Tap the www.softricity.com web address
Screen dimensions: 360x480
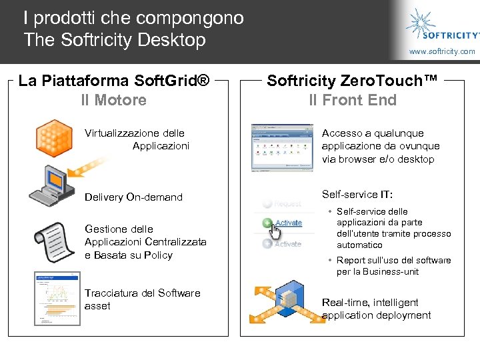click(442, 51)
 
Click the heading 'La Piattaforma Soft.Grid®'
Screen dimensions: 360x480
click(114, 81)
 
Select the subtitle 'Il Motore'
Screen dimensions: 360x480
click(113, 101)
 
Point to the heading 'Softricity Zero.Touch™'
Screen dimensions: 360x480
click(353, 81)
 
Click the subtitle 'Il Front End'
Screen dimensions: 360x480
click(353, 101)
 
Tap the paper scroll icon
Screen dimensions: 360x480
click(54, 243)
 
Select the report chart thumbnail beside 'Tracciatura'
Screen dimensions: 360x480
click(55, 299)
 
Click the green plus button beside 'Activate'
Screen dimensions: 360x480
click(267, 223)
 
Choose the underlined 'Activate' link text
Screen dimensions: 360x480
click(288, 223)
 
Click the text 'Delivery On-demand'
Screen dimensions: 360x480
click(133, 197)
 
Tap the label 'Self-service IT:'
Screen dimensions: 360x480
click(357, 195)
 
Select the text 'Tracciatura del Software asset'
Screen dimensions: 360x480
click(142, 299)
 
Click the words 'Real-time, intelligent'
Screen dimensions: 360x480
click(370, 303)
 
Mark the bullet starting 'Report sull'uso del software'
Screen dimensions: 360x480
click(393, 266)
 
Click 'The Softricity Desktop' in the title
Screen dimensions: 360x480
click(115, 40)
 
